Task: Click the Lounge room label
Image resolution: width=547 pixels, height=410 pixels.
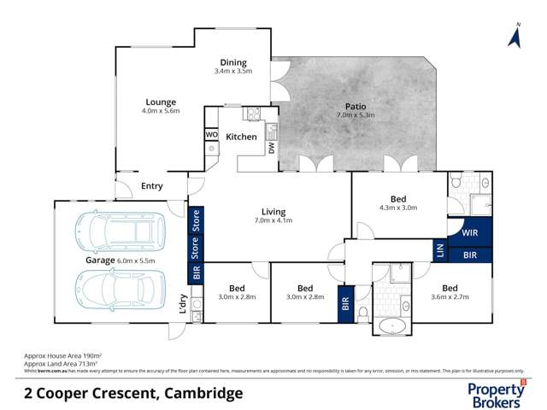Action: (160, 102)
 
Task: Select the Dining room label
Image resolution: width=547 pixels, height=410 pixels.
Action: (233, 62)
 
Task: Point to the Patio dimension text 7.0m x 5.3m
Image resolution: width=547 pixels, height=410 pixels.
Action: (356, 115)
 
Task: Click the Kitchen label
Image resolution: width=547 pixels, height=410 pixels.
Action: (241, 137)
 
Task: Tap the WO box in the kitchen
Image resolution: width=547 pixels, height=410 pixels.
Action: (211, 134)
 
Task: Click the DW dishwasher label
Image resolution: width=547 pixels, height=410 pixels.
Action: (271, 146)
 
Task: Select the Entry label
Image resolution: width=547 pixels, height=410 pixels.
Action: (151, 186)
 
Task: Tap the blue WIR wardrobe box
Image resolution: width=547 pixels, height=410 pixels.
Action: (469, 231)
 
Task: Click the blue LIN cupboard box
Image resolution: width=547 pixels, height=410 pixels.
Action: (440, 249)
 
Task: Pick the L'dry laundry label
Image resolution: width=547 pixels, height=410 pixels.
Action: (183, 304)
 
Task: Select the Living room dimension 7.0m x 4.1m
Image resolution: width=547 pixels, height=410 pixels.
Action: (273, 221)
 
